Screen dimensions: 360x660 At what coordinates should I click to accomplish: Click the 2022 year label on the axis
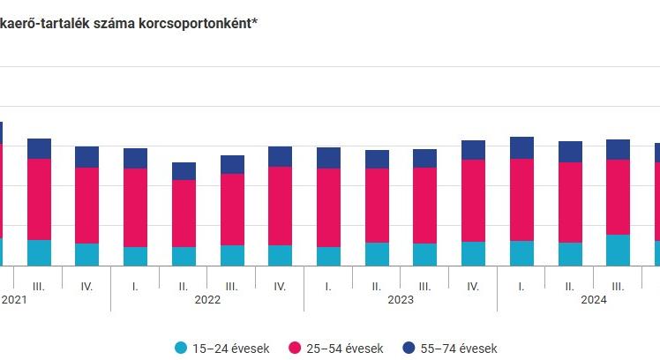(207, 300)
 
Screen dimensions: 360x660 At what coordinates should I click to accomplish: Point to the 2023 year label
(401, 300)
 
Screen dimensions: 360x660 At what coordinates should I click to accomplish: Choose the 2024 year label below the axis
(594, 300)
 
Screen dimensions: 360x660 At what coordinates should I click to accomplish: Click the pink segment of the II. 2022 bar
(184, 214)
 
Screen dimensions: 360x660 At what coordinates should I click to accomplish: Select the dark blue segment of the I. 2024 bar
(521, 147)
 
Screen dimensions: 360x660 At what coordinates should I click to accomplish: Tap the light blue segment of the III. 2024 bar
(618, 250)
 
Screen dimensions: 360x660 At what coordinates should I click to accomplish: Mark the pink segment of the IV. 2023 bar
(473, 200)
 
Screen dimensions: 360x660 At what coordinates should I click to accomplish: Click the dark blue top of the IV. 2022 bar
(280, 156)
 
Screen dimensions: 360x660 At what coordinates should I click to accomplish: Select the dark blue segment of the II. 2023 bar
(377, 159)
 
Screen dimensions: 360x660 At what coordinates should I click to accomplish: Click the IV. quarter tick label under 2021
(86, 287)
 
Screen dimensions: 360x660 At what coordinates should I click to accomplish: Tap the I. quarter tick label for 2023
(328, 287)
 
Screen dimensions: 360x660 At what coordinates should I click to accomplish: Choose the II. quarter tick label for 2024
(569, 287)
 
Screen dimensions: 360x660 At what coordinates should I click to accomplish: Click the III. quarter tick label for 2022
(231, 287)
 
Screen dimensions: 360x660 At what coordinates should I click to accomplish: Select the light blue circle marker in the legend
(181, 349)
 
